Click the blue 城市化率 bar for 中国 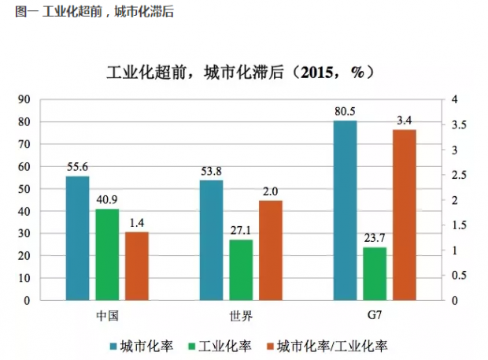click(77, 238)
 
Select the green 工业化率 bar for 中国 click(107, 254)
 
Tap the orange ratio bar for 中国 click(136, 266)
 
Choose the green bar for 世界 click(241, 270)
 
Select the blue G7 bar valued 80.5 click(345, 210)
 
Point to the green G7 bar click(375, 274)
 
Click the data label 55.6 click(77, 168)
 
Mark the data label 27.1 click(241, 232)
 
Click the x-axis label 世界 click(241, 315)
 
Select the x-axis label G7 click(375, 315)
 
